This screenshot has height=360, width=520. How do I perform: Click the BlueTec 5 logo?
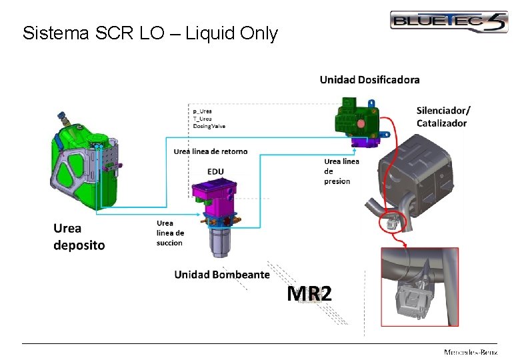[x=449, y=22]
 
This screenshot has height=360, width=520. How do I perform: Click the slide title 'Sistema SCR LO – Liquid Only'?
[x=150, y=33]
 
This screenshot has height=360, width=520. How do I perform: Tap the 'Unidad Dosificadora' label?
[x=369, y=80]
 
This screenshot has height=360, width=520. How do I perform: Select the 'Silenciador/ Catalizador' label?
[x=443, y=116]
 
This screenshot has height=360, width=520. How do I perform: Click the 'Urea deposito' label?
[x=79, y=237]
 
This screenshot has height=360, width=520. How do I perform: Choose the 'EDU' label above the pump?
[x=215, y=172]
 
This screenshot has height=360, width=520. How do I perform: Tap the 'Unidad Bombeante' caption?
[x=222, y=275]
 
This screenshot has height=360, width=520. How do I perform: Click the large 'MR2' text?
[x=309, y=293]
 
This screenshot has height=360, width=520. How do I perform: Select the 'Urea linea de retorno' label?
[x=210, y=151]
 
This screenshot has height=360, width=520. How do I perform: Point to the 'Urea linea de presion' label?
[x=341, y=171]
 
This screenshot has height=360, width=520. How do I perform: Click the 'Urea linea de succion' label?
[x=170, y=233]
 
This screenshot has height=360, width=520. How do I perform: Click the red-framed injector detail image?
[x=419, y=287]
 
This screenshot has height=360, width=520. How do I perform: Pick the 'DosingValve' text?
[x=209, y=125]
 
